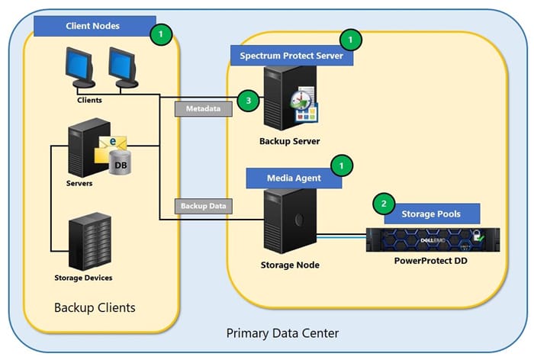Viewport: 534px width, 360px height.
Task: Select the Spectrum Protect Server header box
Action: (292, 56)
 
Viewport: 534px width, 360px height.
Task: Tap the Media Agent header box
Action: (294, 178)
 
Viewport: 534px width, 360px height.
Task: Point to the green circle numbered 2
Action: (383, 204)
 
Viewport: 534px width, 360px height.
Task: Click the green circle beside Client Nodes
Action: (161, 34)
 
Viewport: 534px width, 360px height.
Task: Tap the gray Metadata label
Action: (202, 109)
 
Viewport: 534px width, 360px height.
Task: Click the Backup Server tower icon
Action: (279, 98)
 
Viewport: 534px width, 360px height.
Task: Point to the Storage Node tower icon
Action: (285, 222)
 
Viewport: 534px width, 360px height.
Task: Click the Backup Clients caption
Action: (95, 308)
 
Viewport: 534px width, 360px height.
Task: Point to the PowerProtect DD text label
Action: (430, 262)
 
